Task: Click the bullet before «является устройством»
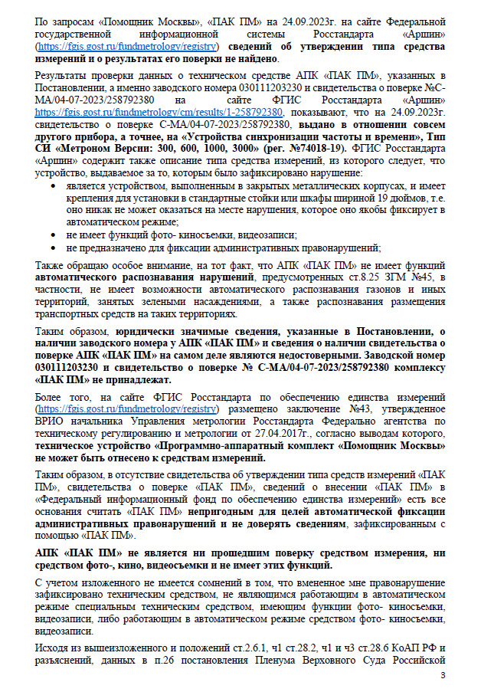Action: click(x=52, y=185)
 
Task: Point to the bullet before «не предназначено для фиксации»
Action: click(x=52, y=247)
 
